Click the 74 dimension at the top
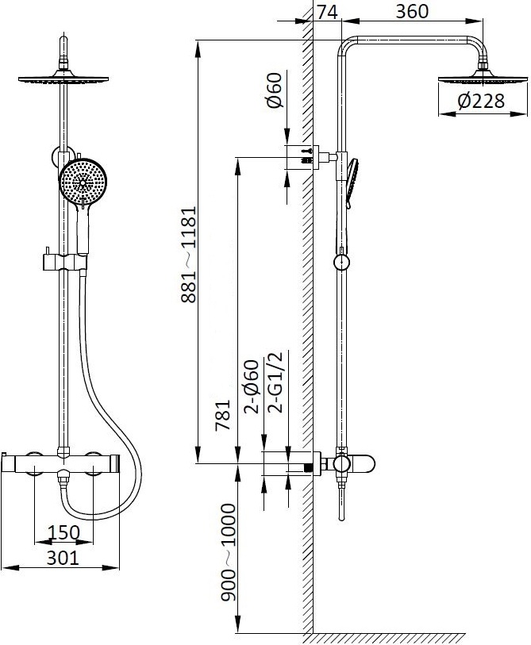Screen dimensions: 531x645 coord(327,11)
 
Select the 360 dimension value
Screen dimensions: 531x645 coord(412,11)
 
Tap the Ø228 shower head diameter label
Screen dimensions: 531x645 coord(481,101)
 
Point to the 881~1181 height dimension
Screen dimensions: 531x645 coord(189,255)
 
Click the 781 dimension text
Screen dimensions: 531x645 coord(223,415)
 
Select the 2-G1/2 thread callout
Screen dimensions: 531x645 coord(275,382)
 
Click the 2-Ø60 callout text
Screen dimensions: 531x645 coord(252,386)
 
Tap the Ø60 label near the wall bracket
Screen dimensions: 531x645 coord(275,90)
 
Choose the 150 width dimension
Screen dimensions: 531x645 coord(63,532)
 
